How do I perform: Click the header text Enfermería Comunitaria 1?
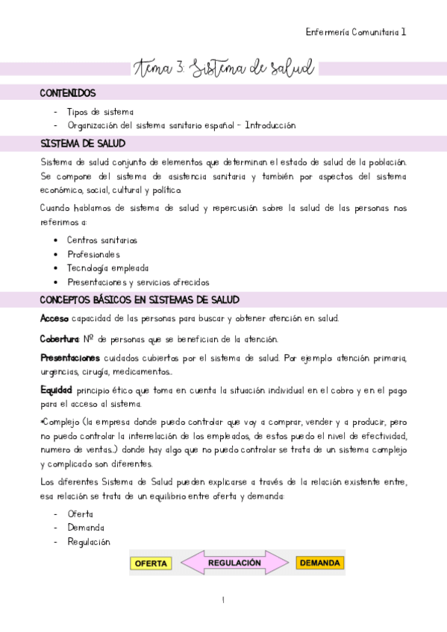[356, 32]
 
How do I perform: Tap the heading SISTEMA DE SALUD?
[82, 144]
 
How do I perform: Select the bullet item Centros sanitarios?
[101, 240]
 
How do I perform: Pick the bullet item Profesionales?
[93, 254]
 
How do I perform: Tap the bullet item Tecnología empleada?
[107, 268]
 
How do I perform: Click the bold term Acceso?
[54, 319]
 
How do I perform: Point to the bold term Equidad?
[56, 390]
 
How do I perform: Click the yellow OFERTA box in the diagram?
[151, 563]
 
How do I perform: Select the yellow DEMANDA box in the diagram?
[320, 563]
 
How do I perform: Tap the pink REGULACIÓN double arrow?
[234, 563]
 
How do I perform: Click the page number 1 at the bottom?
[223, 600]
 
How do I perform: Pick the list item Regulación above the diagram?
[88, 542]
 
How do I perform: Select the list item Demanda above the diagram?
[86, 528]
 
